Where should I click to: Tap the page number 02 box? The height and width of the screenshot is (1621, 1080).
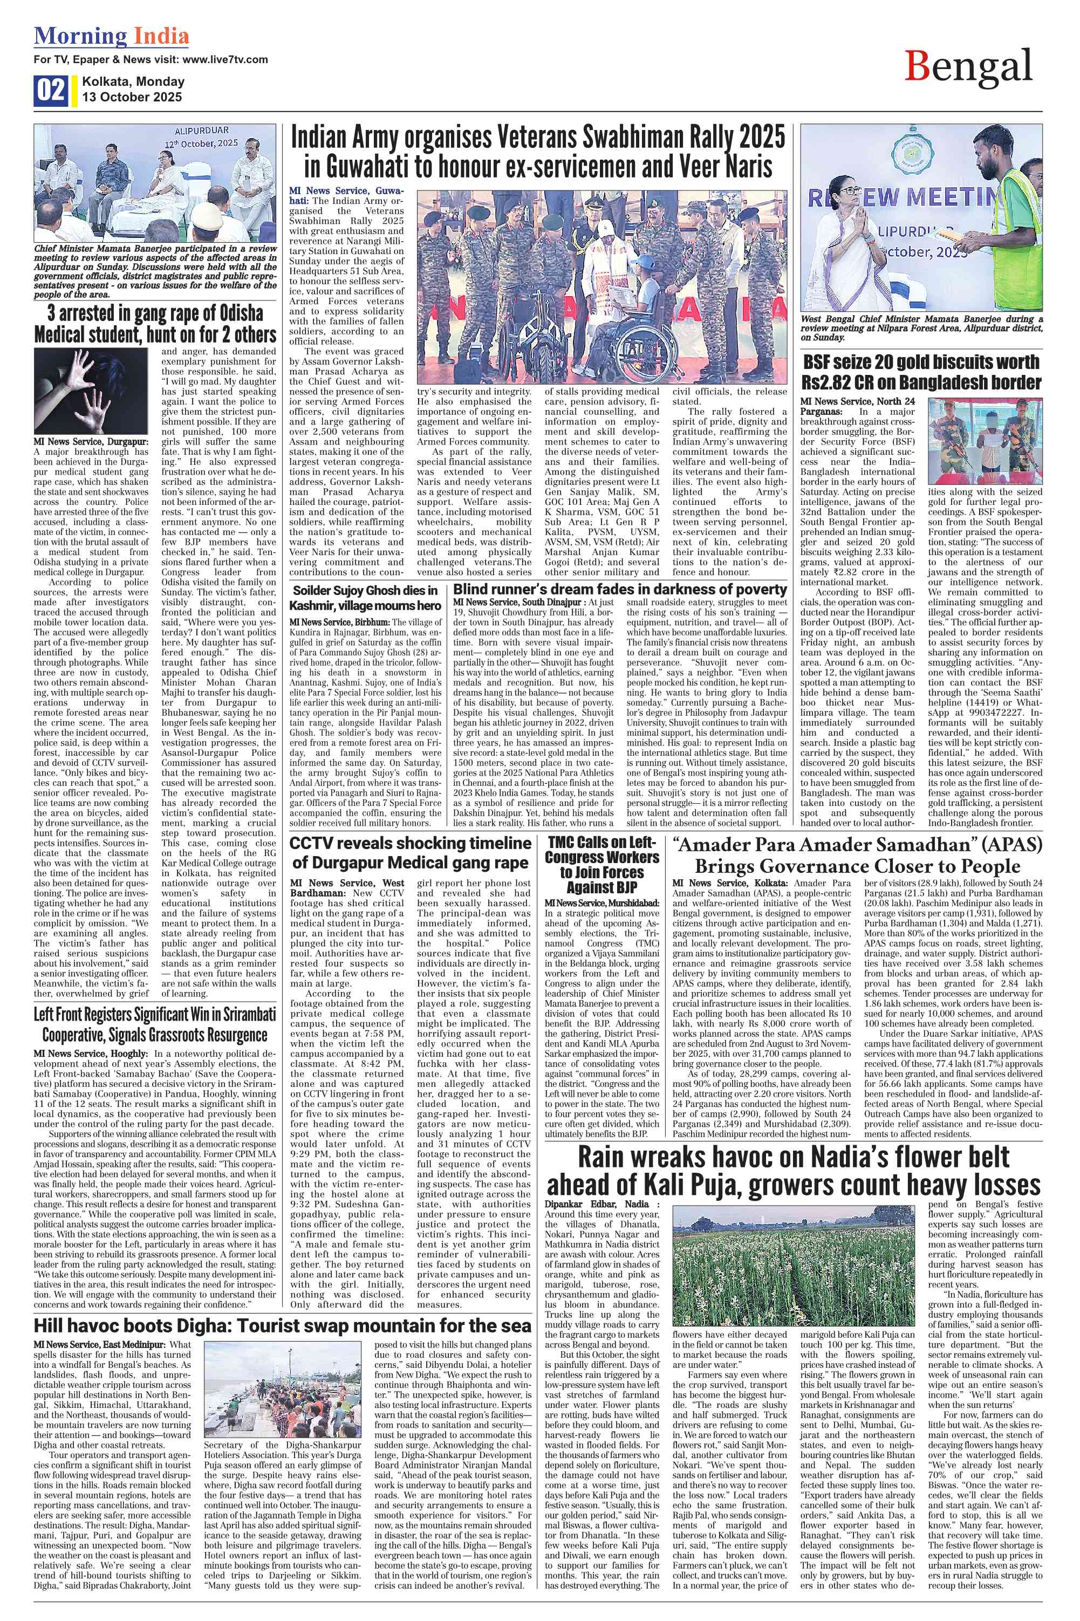[51, 90]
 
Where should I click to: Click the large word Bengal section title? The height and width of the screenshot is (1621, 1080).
[968, 67]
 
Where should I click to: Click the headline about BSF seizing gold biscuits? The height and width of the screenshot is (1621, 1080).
[921, 371]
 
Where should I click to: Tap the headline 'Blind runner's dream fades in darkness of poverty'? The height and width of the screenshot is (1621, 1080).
[620, 590]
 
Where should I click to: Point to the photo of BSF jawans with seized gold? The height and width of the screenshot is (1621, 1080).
[985, 441]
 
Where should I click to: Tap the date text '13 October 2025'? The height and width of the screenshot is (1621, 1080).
[132, 97]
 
